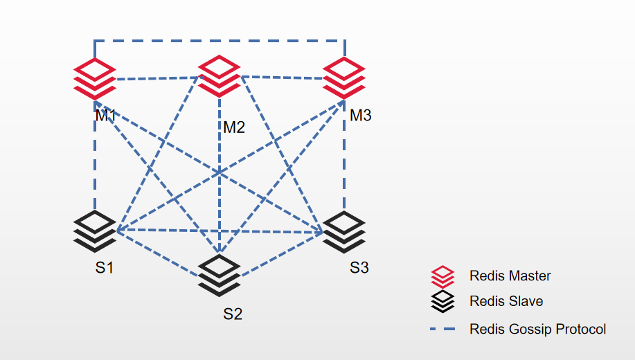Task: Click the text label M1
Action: [106, 116]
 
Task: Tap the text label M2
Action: [234, 127]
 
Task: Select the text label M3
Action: [360, 116]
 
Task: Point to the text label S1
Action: [104, 268]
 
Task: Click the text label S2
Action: [233, 314]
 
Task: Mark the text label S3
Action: [359, 268]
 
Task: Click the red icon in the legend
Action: [442, 277]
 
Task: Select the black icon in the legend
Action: [442, 301]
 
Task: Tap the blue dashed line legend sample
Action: [442, 330]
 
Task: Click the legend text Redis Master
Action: [510, 276]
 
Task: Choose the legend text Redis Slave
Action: [506, 301]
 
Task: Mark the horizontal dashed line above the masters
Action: [220, 40]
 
